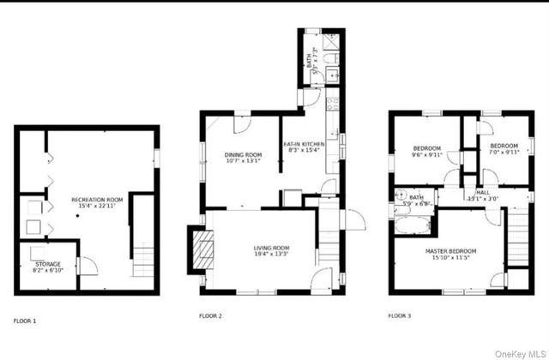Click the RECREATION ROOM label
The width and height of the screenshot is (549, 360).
coord(97,199)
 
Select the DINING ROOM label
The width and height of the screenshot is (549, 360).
coord(243,155)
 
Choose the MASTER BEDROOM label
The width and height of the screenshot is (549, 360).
coord(451,250)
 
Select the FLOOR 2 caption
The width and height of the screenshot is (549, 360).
coord(211,316)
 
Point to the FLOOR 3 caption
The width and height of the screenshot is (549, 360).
coord(399,316)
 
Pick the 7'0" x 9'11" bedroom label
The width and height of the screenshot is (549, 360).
coord(504,149)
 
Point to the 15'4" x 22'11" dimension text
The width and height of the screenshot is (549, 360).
coord(97,206)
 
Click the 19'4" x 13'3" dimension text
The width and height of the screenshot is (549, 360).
coord(270,255)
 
